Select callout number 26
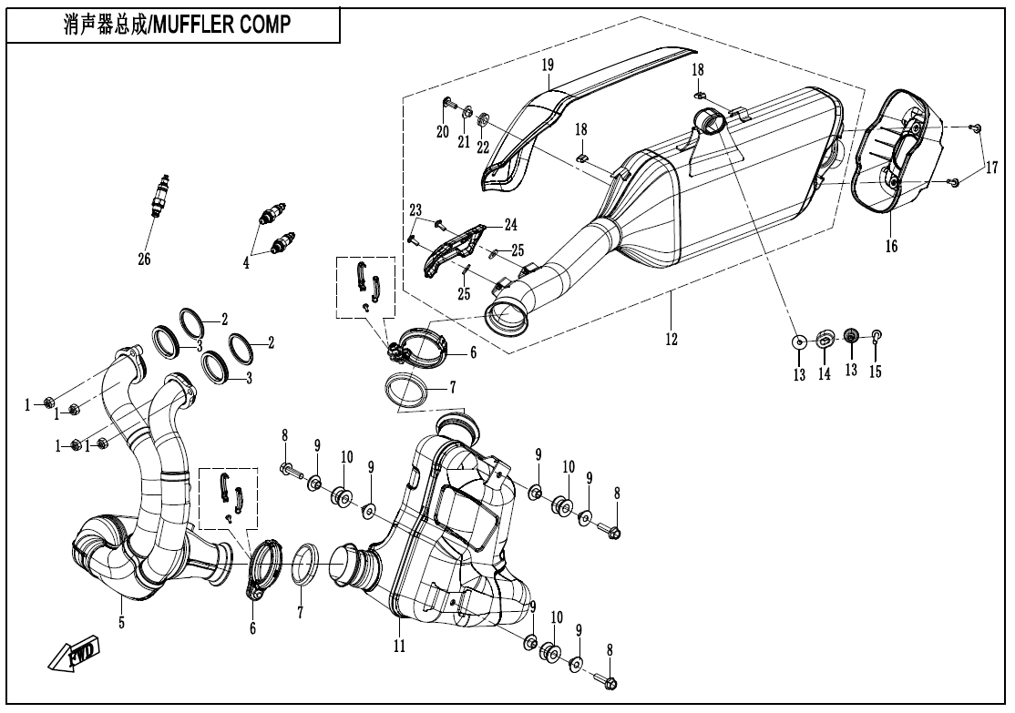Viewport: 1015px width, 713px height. pos(144,260)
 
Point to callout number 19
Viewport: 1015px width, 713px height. pos(548,66)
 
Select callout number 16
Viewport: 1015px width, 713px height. pos(890,246)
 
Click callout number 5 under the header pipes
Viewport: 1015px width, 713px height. pos(121,623)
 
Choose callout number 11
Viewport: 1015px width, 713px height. pos(399,646)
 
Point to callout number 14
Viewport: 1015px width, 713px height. pos(824,373)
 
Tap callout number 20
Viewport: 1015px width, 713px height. pos(443,132)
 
